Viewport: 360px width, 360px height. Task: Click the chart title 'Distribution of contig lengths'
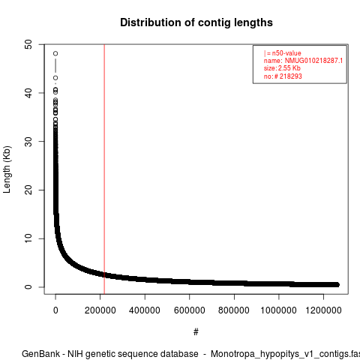pyautogui.click(x=196, y=22)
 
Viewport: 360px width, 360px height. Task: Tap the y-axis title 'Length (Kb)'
pyautogui.click(x=7, y=169)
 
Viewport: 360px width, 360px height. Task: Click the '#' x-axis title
pyautogui.click(x=196, y=332)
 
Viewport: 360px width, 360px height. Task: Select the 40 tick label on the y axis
pyautogui.click(x=28, y=93)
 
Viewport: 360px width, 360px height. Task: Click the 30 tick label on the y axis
pyautogui.click(x=28, y=142)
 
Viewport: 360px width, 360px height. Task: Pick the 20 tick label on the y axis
pyautogui.click(x=28, y=190)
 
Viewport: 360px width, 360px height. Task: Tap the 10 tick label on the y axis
pyautogui.click(x=28, y=238)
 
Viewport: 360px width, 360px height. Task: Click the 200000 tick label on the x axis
pyautogui.click(x=100, y=310)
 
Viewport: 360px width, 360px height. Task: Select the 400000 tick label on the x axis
pyautogui.click(x=145, y=310)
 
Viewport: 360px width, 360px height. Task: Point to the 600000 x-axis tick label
pyautogui.click(x=190, y=310)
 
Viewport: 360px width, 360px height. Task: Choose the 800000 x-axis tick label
pyautogui.click(x=234, y=310)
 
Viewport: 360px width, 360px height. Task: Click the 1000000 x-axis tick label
pyautogui.click(x=279, y=310)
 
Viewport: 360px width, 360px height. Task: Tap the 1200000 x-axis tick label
pyautogui.click(x=323, y=310)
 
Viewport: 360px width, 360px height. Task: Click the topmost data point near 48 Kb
pyautogui.click(x=55, y=53)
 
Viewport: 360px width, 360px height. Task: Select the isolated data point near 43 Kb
pyautogui.click(x=55, y=78)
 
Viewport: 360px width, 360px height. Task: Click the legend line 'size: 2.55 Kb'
pyautogui.click(x=282, y=68)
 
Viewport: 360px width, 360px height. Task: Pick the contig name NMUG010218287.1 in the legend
pyautogui.click(x=313, y=61)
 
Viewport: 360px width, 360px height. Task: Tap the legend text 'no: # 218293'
pyautogui.click(x=283, y=76)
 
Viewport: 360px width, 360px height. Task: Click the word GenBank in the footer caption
pyautogui.click(x=40, y=354)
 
